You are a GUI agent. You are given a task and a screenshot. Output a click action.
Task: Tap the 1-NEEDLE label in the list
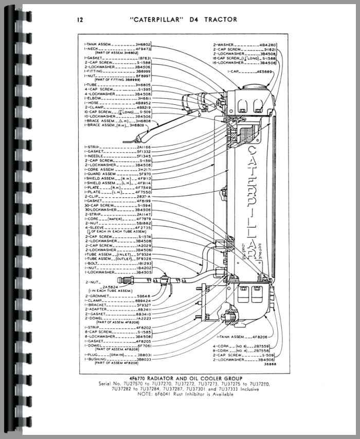tap(96, 156)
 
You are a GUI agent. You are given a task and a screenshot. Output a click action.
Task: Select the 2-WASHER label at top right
tap(225, 45)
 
